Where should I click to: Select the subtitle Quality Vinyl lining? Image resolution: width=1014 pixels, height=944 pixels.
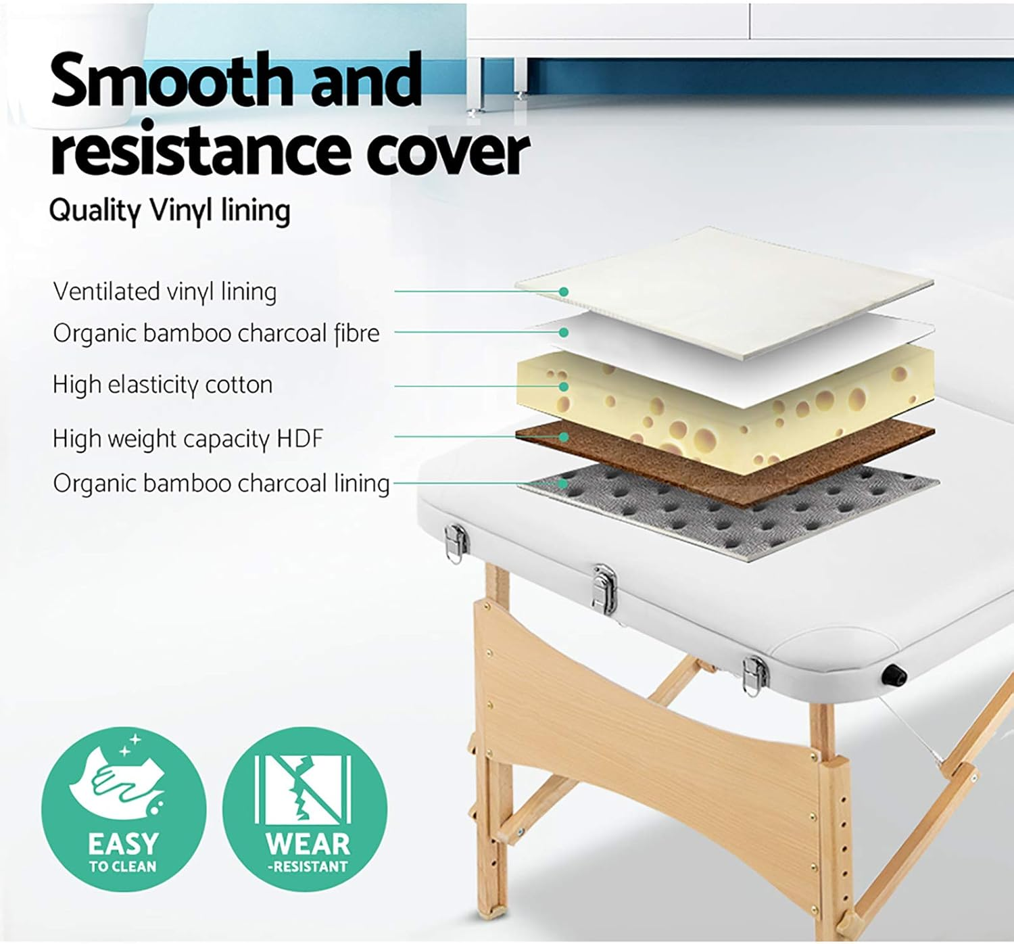[170, 210]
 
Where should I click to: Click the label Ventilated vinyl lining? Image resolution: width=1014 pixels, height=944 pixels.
[164, 292]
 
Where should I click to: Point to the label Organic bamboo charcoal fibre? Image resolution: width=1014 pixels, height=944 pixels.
[216, 333]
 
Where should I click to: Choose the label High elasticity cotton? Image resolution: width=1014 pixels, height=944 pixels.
[162, 385]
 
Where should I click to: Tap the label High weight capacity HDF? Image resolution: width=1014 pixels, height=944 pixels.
[188, 439]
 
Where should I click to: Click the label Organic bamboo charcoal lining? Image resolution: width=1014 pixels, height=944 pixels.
[221, 483]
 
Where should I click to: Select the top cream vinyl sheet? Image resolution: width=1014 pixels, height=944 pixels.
[723, 284]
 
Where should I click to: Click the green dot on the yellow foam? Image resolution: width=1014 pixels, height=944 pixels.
[563, 387]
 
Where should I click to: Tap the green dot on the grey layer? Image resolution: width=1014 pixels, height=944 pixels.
[563, 483]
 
